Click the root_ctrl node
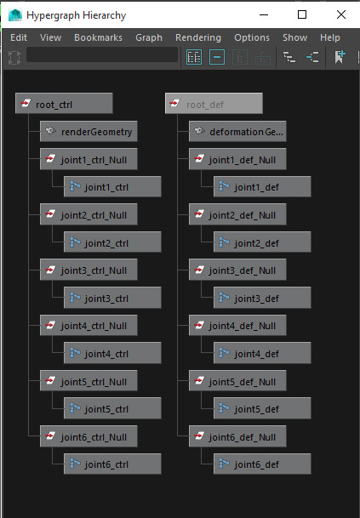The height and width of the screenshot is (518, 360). click(64, 104)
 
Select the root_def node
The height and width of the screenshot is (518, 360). click(214, 104)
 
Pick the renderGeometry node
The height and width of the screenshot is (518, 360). click(89, 131)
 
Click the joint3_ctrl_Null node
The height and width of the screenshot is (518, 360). click(89, 270)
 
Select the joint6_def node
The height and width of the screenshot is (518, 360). click(262, 464)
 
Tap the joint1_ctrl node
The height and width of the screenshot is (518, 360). click(112, 186)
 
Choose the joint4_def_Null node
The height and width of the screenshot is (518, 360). click(237, 326)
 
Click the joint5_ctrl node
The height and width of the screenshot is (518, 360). click(112, 408)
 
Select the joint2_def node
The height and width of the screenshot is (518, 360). click(262, 242)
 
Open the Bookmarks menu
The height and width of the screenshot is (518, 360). click(98, 37)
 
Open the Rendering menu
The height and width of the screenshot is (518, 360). click(198, 37)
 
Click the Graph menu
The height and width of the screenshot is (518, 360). click(149, 37)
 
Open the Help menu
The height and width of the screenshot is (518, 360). click(329, 37)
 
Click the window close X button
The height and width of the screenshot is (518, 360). click(341, 14)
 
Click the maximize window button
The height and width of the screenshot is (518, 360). click(302, 14)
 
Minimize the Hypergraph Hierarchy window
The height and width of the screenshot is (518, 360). click(264, 14)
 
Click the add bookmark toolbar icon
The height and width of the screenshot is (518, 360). click(340, 57)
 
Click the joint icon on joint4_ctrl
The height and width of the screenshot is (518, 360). click(75, 353)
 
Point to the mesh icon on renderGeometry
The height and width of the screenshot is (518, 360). click(50, 130)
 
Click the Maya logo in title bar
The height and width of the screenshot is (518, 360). click(15, 14)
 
